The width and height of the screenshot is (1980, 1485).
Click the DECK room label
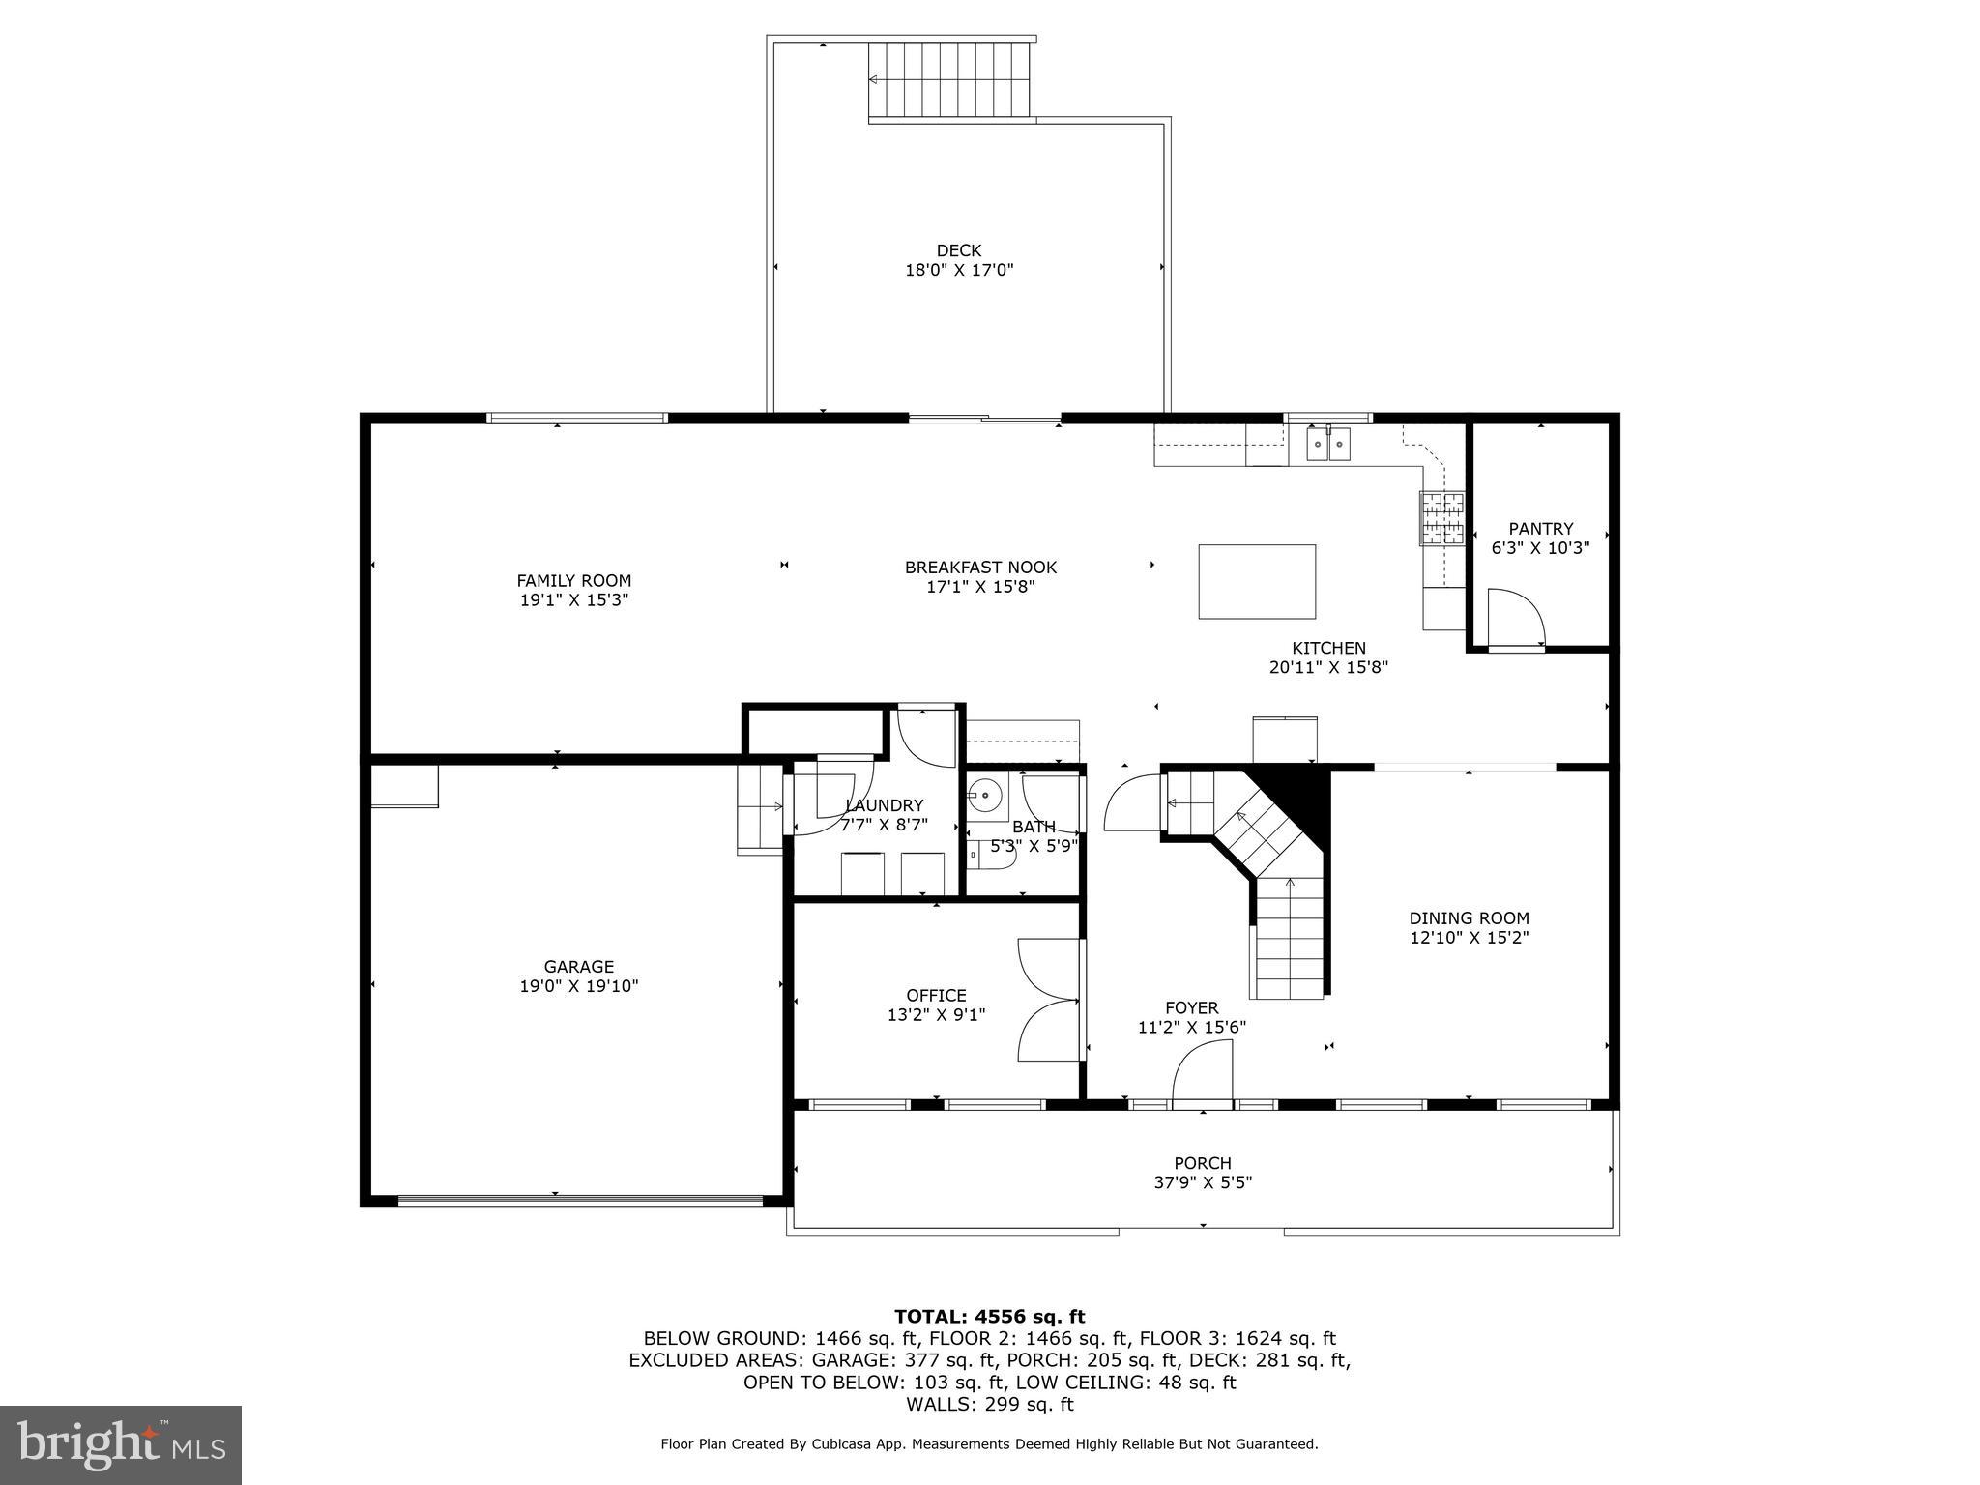[958, 250]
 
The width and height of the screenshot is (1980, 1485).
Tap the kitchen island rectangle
[1256, 581]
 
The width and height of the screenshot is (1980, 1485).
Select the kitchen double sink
[1328, 445]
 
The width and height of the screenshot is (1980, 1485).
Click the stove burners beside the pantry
[1441, 518]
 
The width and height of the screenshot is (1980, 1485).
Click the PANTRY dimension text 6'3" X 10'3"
[1540, 547]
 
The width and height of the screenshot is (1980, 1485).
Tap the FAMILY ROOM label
[573, 580]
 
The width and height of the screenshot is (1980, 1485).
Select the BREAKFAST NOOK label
[980, 568]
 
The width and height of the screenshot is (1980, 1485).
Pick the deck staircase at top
[948, 79]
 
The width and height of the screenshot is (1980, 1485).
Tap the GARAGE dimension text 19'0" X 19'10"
[578, 986]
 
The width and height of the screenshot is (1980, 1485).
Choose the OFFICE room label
[936, 995]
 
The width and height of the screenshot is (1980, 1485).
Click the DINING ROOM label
[1469, 918]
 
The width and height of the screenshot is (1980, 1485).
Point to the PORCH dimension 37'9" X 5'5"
[1203, 1182]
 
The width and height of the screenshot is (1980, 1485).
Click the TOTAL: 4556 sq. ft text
[989, 1316]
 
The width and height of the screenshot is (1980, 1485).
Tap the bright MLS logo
[121, 1444]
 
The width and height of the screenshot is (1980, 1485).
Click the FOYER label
[1191, 1007]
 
